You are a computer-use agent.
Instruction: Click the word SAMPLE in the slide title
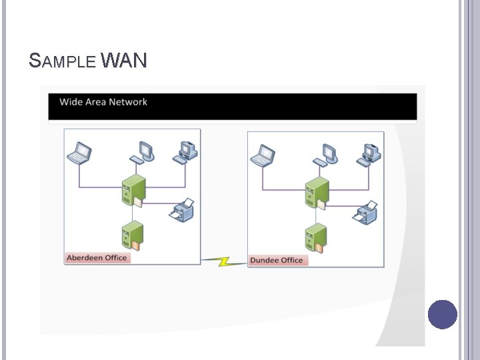click(x=63, y=61)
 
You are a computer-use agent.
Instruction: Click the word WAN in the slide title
click(x=125, y=61)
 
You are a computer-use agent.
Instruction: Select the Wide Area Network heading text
click(x=103, y=102)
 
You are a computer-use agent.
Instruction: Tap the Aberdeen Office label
click(x=97, y=257)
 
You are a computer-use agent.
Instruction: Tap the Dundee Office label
click(x=276, y=260)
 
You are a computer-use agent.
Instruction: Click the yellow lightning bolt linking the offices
click(x=224, y=261)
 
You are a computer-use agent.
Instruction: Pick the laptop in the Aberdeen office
click(x=80, y=153)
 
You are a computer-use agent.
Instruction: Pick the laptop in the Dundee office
click(x=263, y=155)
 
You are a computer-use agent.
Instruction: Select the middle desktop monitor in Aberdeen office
click(x=144, y=151)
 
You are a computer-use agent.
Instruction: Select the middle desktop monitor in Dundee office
click(x=327, y=153)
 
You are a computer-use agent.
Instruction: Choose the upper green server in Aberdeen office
click(x=133, y=189)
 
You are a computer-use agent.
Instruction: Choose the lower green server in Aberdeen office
click(x=132, y=235)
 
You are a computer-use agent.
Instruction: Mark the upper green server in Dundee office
click(x=317, y=193)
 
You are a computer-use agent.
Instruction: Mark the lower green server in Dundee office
click(x=315, y=238)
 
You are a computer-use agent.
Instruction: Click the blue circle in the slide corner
click(x=442, y=315)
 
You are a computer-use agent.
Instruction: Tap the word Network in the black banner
click(x=128, y=102)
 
